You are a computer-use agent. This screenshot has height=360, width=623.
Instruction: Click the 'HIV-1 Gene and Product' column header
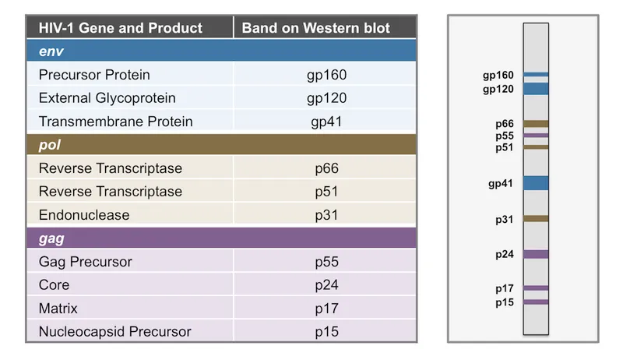coord(114,28)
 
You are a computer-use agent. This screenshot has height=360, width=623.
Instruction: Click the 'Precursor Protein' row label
coord(94,75)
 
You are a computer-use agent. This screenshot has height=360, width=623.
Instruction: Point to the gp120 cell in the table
coord(326,98)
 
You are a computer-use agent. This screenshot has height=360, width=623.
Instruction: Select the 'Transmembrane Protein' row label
coord(115,122)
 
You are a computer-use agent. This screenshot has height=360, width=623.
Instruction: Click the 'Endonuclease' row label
coord(84,215)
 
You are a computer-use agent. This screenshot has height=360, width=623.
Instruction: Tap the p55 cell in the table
coord(326,262)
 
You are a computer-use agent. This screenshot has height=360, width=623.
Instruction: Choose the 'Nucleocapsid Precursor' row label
coord(114,332)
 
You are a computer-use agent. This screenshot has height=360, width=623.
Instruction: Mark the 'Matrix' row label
coord(59,309)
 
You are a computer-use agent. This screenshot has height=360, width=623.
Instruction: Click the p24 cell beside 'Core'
coord(326,285)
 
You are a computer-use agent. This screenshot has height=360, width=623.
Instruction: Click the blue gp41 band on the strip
coord(536,183)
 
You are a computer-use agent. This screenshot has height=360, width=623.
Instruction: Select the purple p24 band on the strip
coord(536,254)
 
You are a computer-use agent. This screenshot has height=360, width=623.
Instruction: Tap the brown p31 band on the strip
coord(536,219)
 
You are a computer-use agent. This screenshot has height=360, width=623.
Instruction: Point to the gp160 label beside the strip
coord(498,76)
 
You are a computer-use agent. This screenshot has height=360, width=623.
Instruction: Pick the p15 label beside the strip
coord(505,302)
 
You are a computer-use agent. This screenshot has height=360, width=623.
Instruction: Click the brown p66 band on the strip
coord(536,124)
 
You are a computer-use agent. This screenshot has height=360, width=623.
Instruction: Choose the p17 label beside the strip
coord(505,288)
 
